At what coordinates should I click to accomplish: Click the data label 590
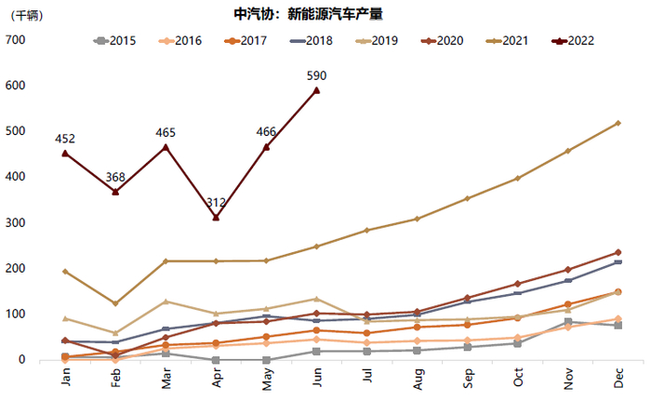tap(317, 75)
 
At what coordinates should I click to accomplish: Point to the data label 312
tap(216, 202)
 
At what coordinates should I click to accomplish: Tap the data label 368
tap(115, 178)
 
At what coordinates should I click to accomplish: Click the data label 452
tap(64, 140)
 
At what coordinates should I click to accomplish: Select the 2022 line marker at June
tap(317, 90)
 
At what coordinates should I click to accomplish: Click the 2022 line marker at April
tap(216, 218)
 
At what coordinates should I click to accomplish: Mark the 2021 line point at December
tap(618, 123)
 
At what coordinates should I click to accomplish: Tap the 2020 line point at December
tap(618, 252)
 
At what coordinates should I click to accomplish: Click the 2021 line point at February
tap(115, 303)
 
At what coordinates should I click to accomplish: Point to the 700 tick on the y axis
tap(15, 40)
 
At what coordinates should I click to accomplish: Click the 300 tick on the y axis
tap(15, 223)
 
